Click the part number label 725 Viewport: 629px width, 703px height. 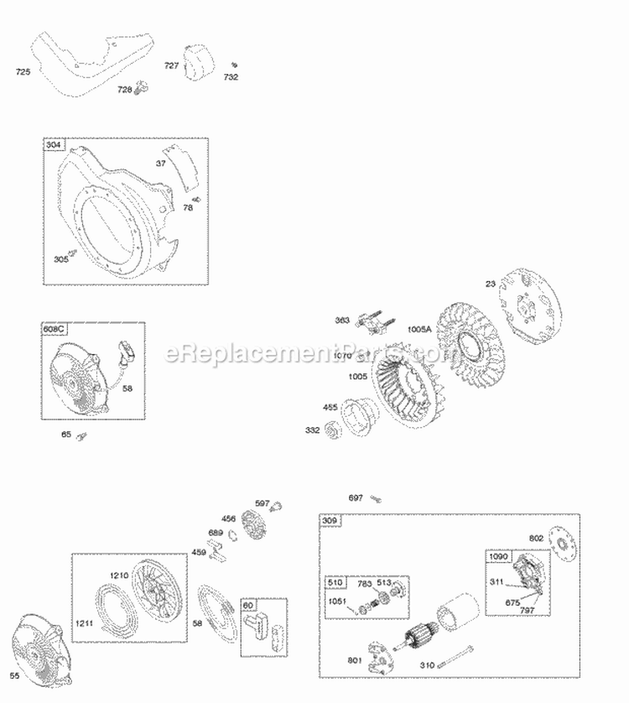click(x=23, y=72)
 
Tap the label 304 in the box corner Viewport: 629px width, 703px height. click(x=54, y=145)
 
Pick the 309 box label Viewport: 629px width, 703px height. click(x=330, y=522)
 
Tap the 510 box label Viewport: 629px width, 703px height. click(x=335, y=582)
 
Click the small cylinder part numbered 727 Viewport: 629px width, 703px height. click(x=203, y=65)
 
